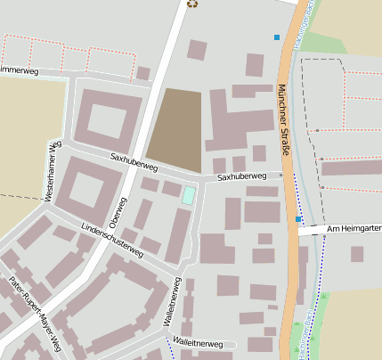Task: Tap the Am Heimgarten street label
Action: tap(354, 229)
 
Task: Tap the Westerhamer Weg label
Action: tap(52, 171)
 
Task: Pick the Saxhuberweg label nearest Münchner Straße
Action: tap(241, 177)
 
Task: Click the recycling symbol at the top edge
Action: tap(192, 4)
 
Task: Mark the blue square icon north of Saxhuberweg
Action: tap(277, 37)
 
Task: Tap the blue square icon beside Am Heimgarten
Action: tap(298, 218)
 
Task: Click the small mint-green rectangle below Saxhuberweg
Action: tap(189, 195)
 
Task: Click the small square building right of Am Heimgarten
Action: tap(357, 254)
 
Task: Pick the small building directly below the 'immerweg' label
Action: tap(142, 73)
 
